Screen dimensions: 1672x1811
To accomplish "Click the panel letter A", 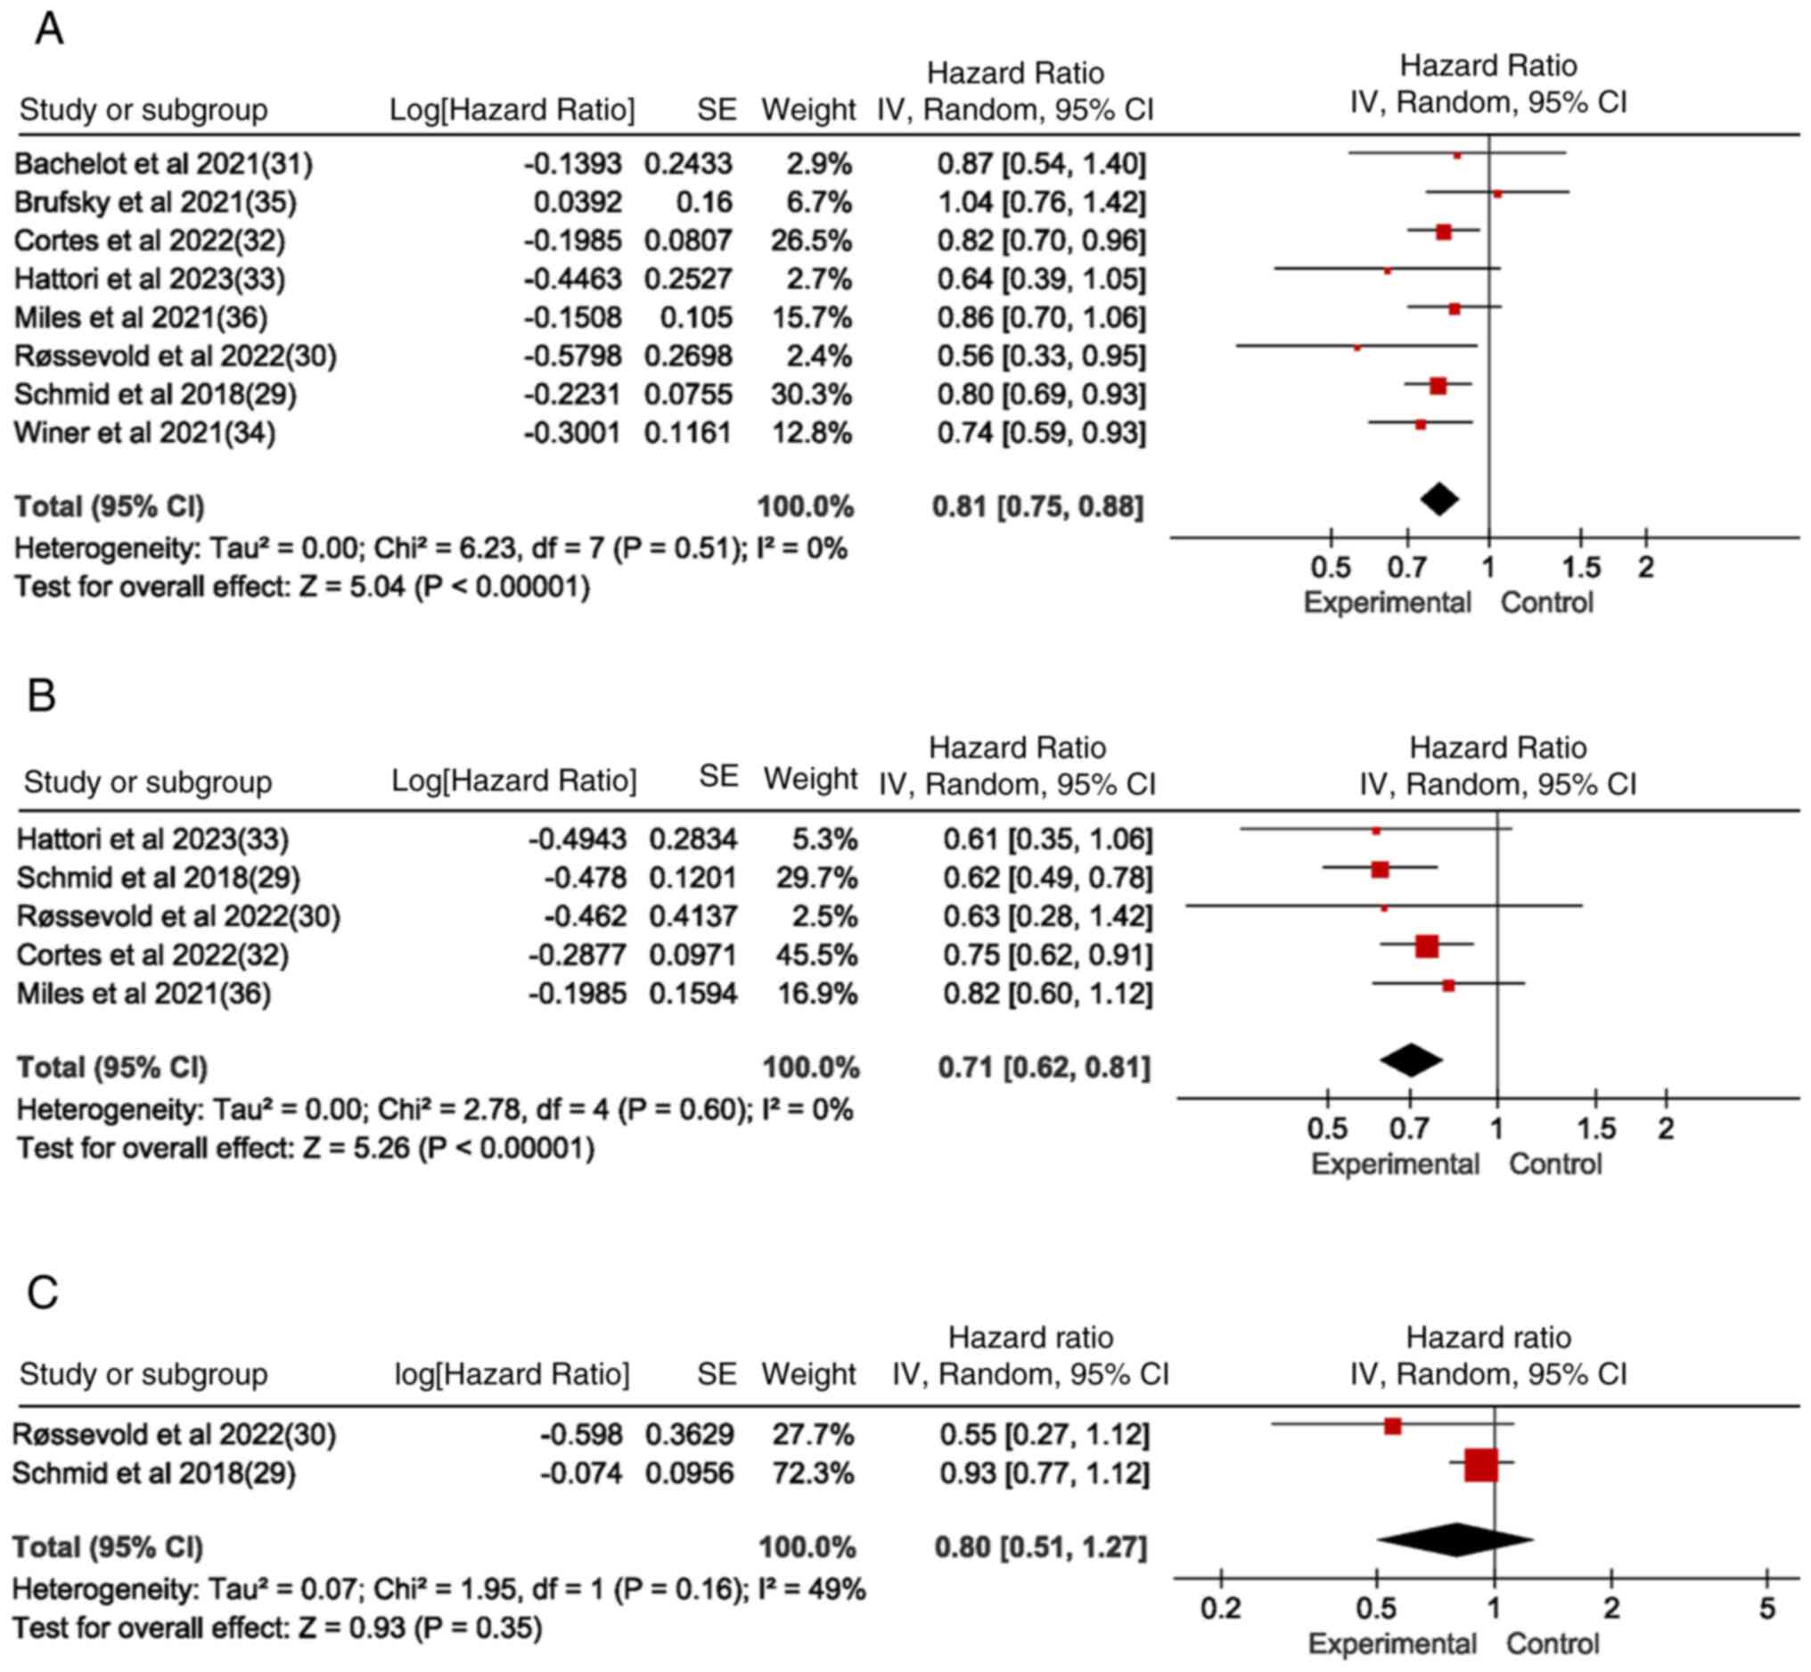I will click(x=49, y=29).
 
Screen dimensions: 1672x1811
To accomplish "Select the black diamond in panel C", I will click(x=1455, y=1540).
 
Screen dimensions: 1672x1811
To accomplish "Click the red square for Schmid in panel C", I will click(x=1481, y=1465).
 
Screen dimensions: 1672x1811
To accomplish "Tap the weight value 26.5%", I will click(x=810, y=241).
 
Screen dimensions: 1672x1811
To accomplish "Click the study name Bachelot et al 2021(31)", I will click(x=164, y=164).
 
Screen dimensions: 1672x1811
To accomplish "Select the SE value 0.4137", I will click(x=692, y=916).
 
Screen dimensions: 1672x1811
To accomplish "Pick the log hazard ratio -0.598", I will click(x=581, y=1434).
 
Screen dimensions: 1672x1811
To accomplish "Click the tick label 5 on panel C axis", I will click(x=1766, y=1610).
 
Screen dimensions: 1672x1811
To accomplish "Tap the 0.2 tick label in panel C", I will click(x=1220, y=1610).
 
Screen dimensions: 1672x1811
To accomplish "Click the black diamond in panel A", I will click(x=1439, y=498).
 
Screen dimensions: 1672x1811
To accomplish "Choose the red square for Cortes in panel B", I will click(x=1427, y=947).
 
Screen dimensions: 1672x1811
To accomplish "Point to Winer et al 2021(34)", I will click(x=144, y=433).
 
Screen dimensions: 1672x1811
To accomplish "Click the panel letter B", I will click(x=42, y=696).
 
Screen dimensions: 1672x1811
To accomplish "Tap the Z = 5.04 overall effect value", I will click(x=353, y=587).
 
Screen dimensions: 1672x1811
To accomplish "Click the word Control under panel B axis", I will click(x=1555, y=1163).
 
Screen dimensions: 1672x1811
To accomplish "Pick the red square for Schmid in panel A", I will click(x=1438, y=386).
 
